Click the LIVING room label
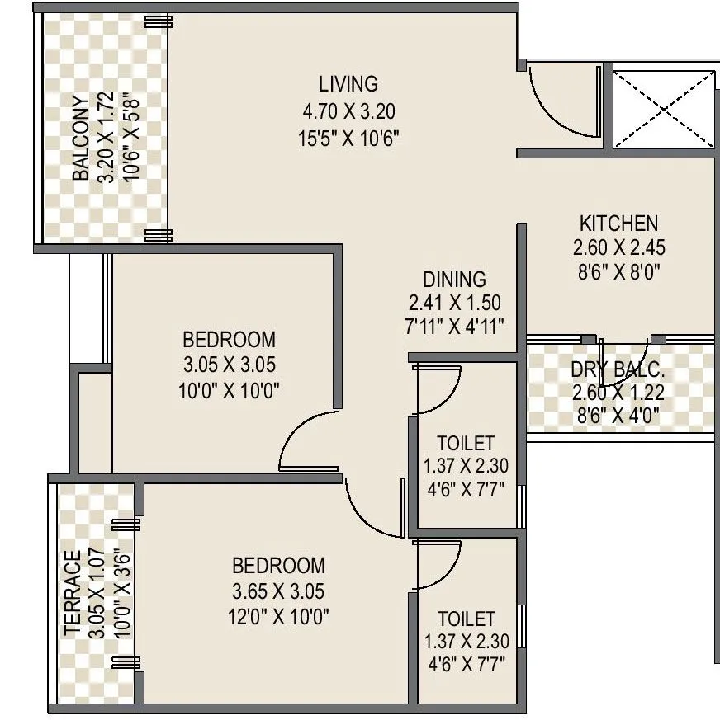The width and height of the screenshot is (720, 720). pos(348,83)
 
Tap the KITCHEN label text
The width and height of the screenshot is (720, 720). pos(618,223)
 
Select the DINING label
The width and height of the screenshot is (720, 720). pos(454,279)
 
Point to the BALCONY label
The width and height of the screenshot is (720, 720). pos(81,138)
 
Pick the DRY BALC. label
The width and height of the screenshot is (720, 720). pos(618,370)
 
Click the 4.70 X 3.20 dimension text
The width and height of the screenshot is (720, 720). pos(348,111)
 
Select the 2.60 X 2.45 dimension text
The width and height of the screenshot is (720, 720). pos(618,247)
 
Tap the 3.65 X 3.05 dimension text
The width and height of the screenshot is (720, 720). pos(278,591)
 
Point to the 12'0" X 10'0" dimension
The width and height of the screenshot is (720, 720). pos(278,616)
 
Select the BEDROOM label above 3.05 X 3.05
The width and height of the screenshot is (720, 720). pos(229,339)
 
